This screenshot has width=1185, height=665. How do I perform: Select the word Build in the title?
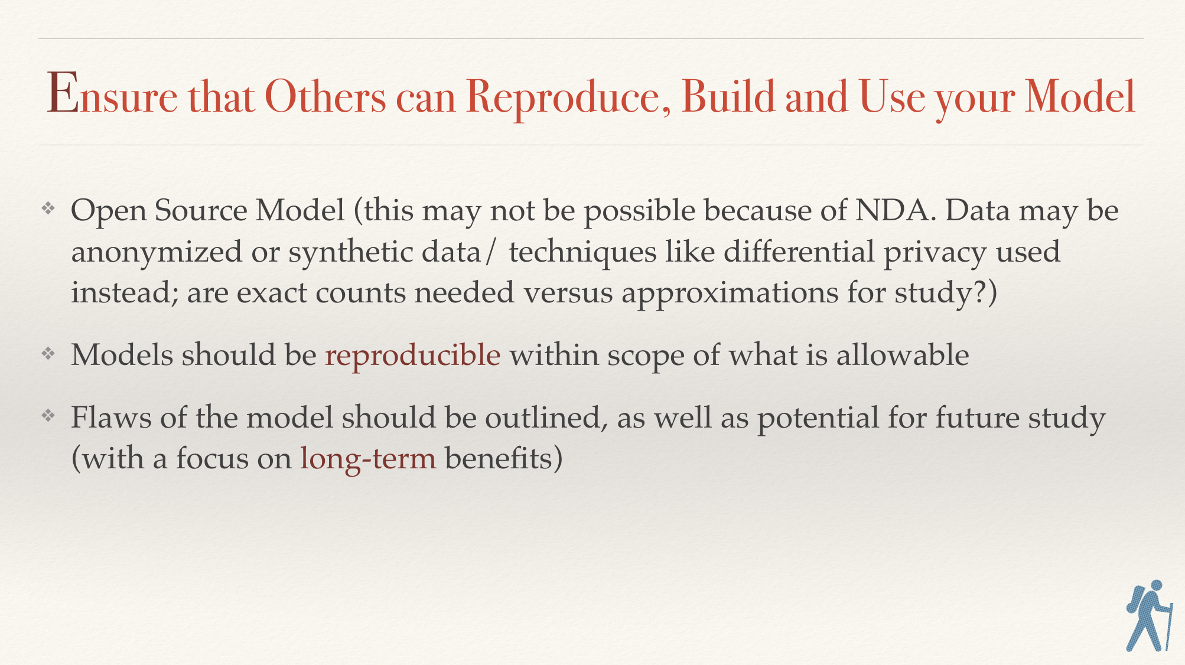click(728, 95)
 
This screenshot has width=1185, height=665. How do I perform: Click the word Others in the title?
click(325, 96)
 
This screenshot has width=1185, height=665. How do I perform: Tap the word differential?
click(799, 251)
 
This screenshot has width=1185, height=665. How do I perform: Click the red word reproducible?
click(413, 355)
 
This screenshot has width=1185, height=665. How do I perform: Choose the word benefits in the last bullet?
click(498, 458)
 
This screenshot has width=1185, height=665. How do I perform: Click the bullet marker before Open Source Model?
click(48, 208)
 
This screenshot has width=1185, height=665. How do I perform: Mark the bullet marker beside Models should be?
click(48, 353)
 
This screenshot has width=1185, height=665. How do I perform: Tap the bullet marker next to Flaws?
click(48, 416)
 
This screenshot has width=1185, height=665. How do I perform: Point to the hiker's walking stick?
click(1169, 626)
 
